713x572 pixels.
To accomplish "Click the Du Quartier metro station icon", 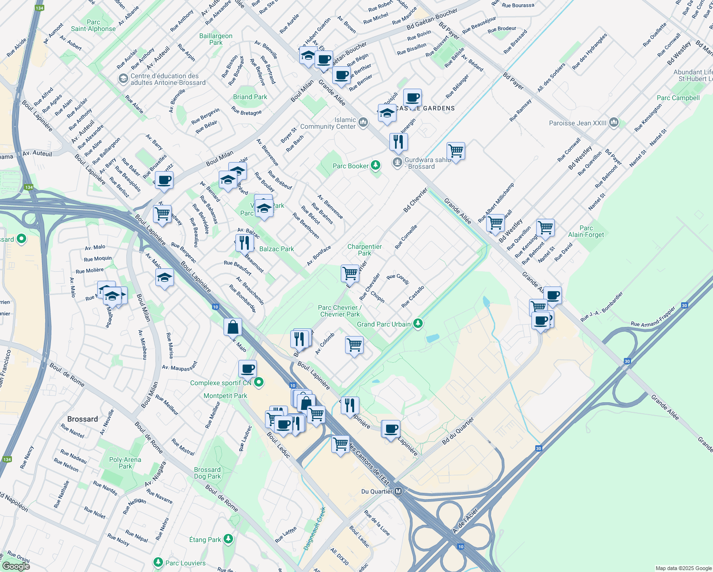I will click(398, 491).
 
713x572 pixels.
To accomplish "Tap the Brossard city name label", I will click(82, 419).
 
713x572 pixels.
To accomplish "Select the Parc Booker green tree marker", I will click(376, 165).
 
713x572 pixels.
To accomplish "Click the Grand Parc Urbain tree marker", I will click(418, 324).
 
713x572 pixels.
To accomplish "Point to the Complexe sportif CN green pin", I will click(259, 382).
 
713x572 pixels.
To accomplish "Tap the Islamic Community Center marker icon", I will click(363, 123).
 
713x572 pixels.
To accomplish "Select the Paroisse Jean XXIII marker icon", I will click(614, 123).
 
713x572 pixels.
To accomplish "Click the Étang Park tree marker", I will click(228, 539).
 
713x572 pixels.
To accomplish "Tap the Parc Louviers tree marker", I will click(158, 563).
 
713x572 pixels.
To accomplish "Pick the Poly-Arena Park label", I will click(125, 463).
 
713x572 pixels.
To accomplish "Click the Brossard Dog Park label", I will click(207, 473).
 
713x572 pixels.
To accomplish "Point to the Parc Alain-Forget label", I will click(586, 231).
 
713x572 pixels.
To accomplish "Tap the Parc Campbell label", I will click(678, 98).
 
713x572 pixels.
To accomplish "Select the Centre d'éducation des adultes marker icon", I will click(123, 78).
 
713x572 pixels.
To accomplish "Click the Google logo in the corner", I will click(16, 566).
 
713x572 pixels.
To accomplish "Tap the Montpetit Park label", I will click(225, 396).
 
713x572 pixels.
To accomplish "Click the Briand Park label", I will click(250, 97).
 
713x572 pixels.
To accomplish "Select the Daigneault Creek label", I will click(315, 528).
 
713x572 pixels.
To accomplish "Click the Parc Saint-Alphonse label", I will click(93, 25).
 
